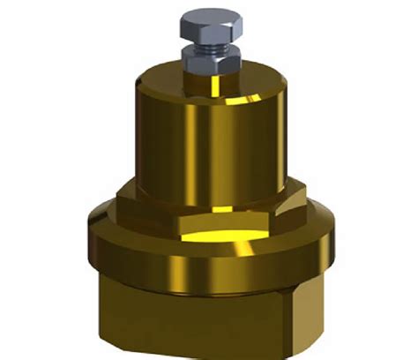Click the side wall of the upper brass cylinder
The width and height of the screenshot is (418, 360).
(x=159, y=132)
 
